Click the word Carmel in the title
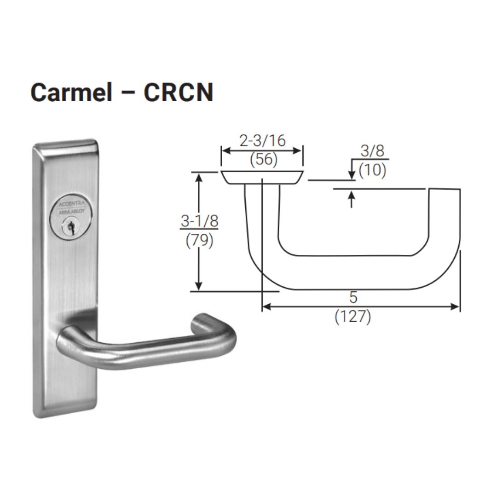[71, 92]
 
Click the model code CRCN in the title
[179, 92]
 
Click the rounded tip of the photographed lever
[203, 323]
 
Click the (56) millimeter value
[264, 159]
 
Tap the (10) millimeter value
[372, 170]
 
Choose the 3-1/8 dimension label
[199, 221]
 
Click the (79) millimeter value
[199, 241]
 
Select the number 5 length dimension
[353, 298]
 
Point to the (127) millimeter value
[353, 317]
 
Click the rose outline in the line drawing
[262, 177]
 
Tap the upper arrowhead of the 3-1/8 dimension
[199, 177]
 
